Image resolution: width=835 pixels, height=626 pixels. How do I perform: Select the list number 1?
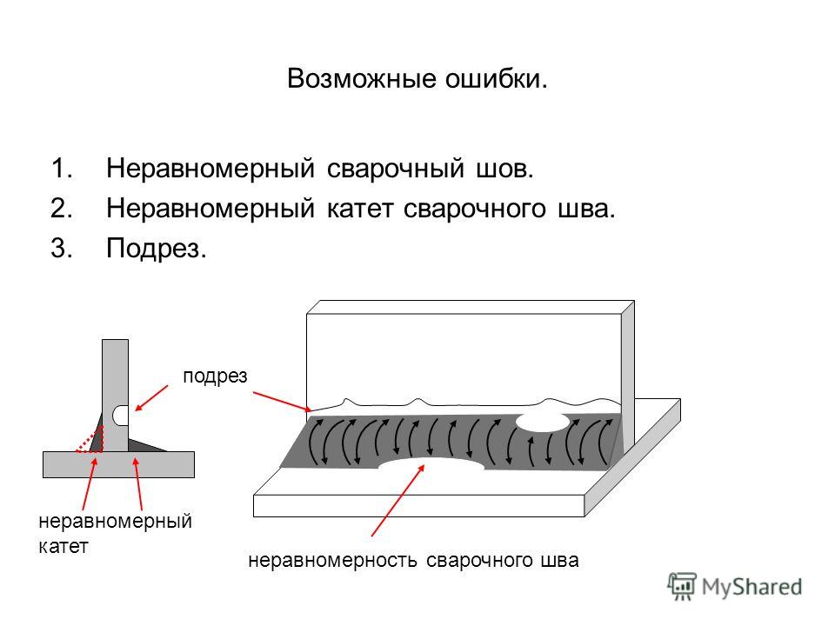click(63, 168)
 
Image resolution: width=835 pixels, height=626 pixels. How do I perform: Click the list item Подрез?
click(156, 248)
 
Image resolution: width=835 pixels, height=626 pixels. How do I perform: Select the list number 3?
click(62, 248)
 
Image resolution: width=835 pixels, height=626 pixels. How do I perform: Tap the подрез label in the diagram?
click(215, 376)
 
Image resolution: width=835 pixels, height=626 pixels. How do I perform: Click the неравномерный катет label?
click(115, 533)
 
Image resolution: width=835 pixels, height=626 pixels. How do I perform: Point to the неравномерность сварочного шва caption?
click(413, 560)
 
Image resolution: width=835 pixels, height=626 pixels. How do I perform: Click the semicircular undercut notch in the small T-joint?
click(122, 416)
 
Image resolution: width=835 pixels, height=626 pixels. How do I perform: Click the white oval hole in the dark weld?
click(543, 422)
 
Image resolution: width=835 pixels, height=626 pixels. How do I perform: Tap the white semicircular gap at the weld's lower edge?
click(431, 464)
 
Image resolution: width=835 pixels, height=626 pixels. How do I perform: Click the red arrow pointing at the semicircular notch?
click(151, 398)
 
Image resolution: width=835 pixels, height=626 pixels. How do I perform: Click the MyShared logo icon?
click(682, 586)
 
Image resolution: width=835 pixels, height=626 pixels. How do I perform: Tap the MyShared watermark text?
click(751, 587)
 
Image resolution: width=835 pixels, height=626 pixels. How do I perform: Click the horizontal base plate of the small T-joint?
click(118, 464)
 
